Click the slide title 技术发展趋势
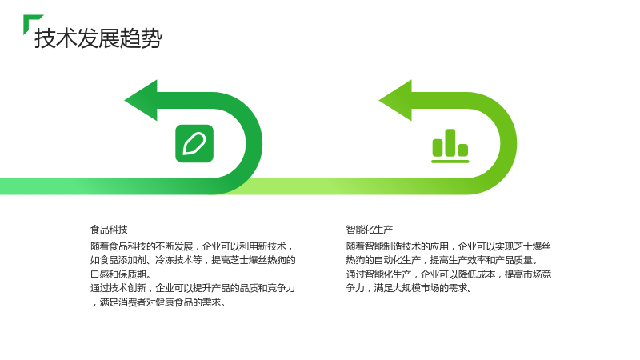click(98, 38)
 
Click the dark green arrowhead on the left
click(142, 101)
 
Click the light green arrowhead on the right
click(395, 101)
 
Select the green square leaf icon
click(194, 144)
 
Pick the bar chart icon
click(450, 146)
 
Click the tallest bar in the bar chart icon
click(450, 143)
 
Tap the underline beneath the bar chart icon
click(450, 162)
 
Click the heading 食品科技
click(109, 230)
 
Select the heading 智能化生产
click(370, 230)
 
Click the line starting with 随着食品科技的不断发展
click(192, 246)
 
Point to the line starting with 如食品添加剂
click(193, 261)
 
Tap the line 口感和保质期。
click(121, 274)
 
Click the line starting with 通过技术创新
click(193, 288)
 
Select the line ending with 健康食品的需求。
click(159, 302)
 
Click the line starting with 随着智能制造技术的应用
click(449, 246)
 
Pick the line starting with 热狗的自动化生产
click(442, 261)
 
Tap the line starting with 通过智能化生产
click(449, 274)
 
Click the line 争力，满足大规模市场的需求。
click(410, 288)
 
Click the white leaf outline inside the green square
click(194, 144)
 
